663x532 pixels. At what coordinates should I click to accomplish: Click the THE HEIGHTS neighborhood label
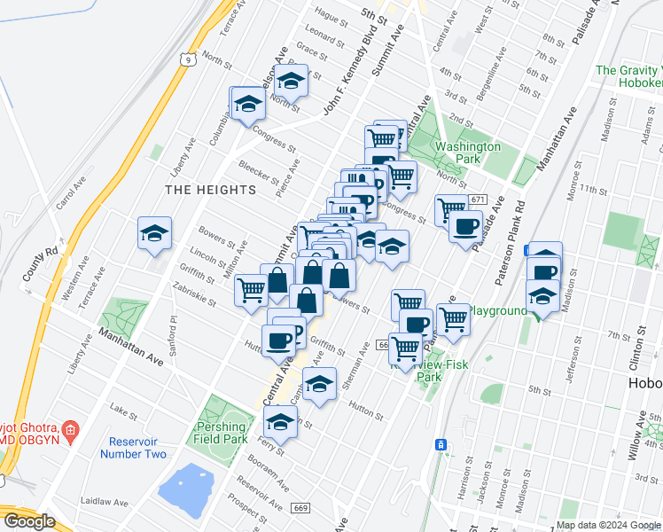(210, 190)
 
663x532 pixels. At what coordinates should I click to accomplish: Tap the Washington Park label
(467, 153)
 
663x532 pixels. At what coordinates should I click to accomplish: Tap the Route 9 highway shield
(184, 59)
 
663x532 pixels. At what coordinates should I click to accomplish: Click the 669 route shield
(300, 506)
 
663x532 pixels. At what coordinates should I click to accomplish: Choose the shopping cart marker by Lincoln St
(252, 288)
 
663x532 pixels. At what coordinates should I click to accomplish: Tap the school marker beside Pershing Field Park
(280, 423)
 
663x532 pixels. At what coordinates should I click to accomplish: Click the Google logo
(28, 522)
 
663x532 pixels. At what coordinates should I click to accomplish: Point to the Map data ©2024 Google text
(608, 525)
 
